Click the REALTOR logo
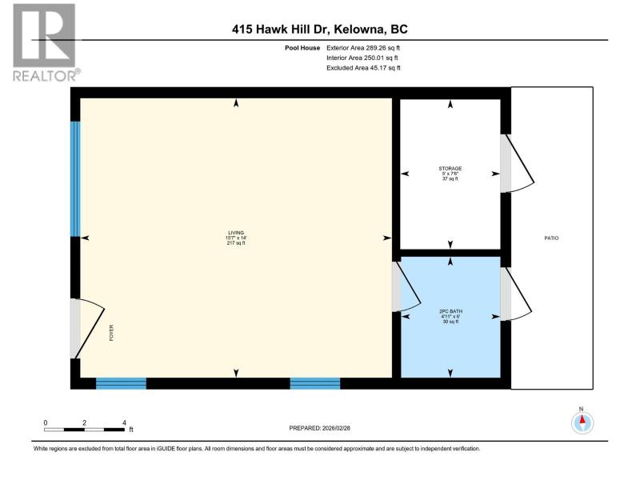(45, 42)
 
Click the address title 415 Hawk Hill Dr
(281, 30)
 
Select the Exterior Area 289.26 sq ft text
(363, 48)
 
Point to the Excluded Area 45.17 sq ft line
(363, 68)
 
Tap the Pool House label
(302, 48)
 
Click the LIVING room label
(236, 233)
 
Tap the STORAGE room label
(450, 168)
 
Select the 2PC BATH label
(450, 311)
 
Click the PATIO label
(551, 238)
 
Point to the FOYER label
(111, 333)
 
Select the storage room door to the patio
(517, 163)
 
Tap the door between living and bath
(406, 286)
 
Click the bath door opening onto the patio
(516, 294)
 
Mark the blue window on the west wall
(75, 178)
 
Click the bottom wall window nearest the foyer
(122, 383)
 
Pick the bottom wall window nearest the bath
(315, 383)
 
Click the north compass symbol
(582, 422)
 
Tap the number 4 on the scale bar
(124, 423)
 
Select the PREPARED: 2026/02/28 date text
(319, 428)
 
